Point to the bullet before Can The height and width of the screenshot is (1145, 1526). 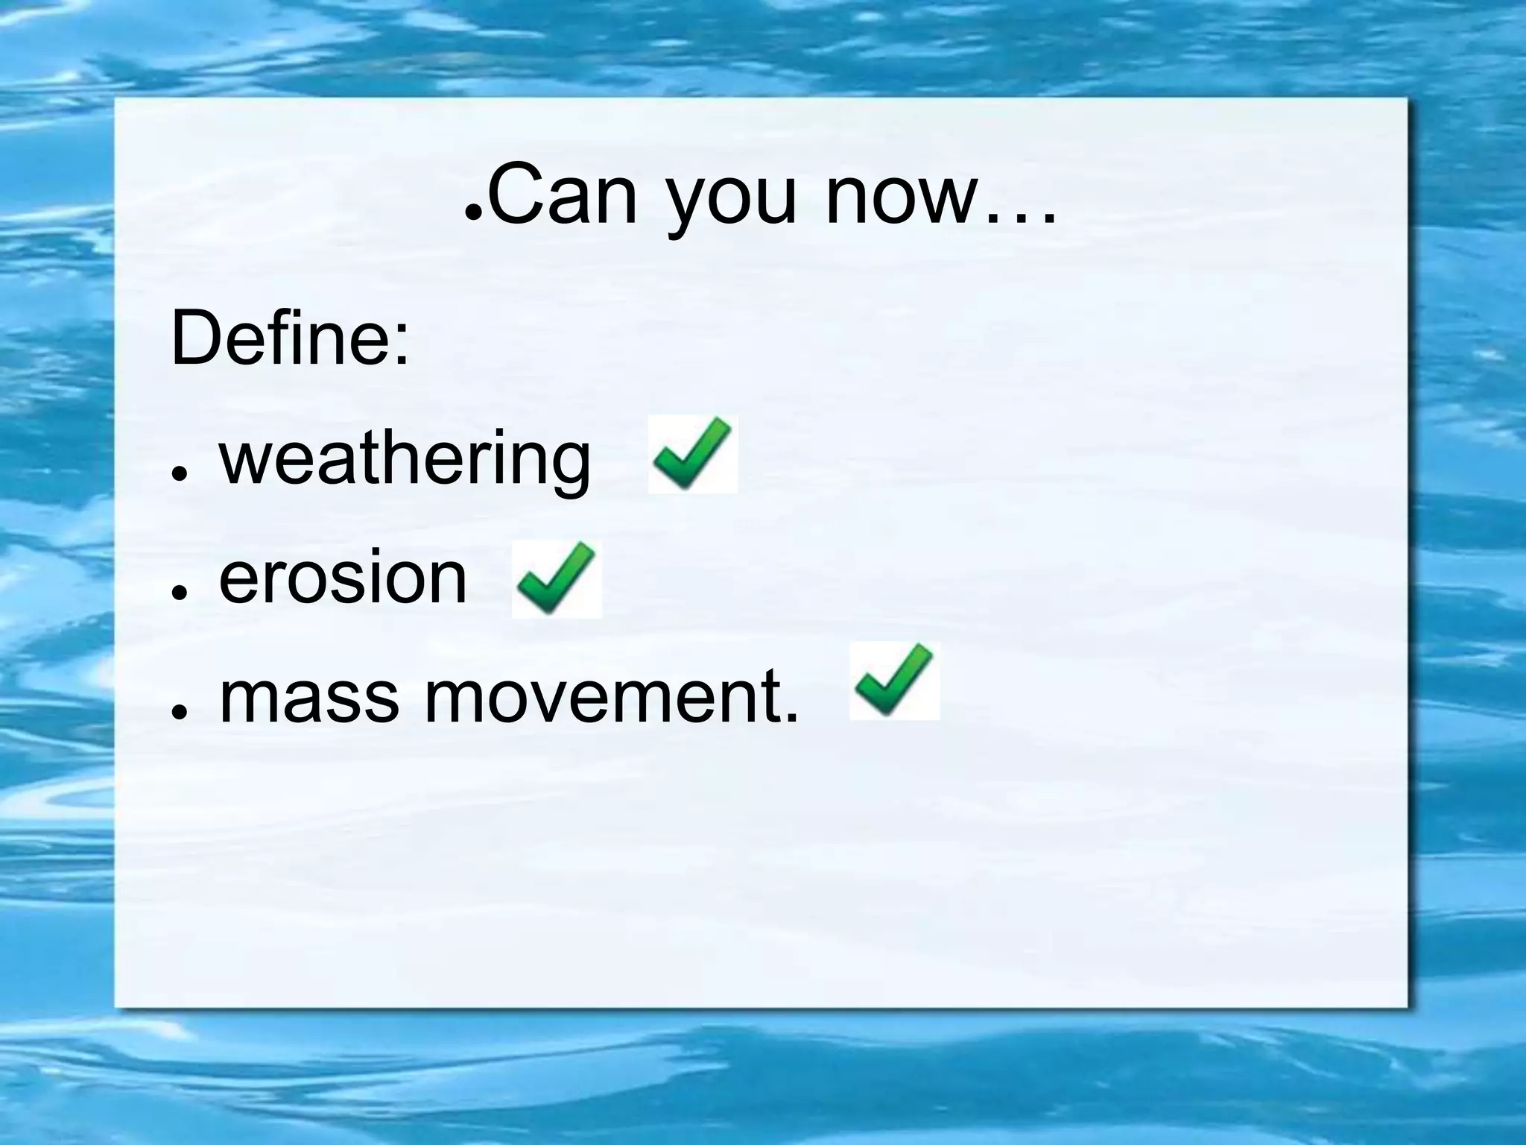472,212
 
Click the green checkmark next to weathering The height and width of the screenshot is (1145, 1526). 692,454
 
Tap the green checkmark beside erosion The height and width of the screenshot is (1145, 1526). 557,579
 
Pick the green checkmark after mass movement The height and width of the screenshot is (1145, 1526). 894,681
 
